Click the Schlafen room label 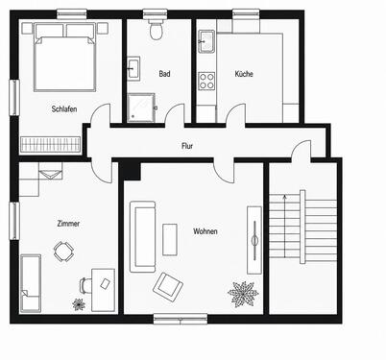tap(64, 108)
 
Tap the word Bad tap(164, 74)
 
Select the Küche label tap(244, 74)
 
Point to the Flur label tap(187, 146)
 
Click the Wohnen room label tap(205, 231)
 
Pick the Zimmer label tap(68, 224)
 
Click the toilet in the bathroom tap(157, 29)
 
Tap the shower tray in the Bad tap(141, 108)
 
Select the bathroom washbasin tap(133, 68)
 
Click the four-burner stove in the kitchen tap(206, 81)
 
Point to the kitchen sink tap(206, 41)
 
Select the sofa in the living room tap(142, 237)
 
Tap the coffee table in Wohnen tap(170, 239)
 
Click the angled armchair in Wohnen tap(168, 287)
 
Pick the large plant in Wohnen tap(243, 294)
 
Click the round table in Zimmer tap(63, 252)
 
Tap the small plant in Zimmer tap(79, 304)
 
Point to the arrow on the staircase tap(284, 227)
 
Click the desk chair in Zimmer tap(84, 285)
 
